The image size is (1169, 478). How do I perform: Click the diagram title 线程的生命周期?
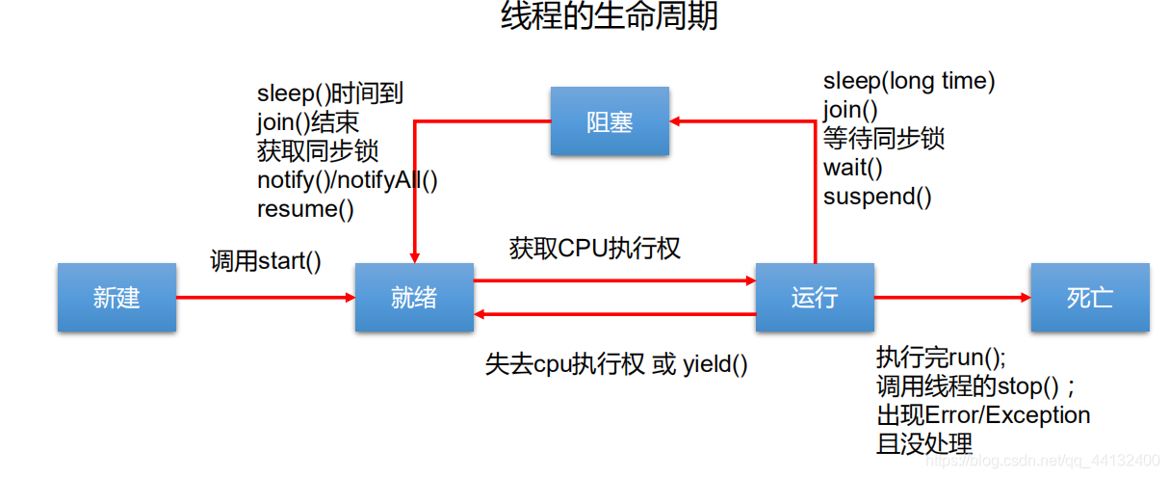click(x=609, y=17)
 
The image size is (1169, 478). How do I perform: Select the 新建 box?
click(x=117, y=298)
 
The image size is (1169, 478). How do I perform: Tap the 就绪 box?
click(x=414, y=298)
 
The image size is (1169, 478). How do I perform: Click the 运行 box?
click(x=815, y=298)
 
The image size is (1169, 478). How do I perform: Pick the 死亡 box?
click(x=1090, y=298)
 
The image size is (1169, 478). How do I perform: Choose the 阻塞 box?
click(x=610, y=121)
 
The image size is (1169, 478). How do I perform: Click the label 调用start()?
click(x=266, y=261)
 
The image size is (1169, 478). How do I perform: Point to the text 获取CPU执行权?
click(x=595, y=249)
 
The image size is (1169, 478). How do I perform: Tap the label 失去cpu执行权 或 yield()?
click(x=616, y=365)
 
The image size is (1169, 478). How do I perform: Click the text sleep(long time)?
click(x=909, y=82)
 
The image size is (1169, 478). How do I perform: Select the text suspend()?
click(x=877, y=197)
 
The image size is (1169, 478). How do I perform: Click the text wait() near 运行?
click(x=852, y=168)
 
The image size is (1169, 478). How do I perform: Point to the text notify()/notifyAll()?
click(x=347, y=179)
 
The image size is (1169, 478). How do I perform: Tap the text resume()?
click(x=305, y=208)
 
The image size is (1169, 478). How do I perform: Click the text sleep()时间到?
click(x=329, y=93)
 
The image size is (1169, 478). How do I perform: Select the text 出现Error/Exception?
click(x=983, y=415)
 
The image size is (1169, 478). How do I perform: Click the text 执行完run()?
click(x=941, y=358)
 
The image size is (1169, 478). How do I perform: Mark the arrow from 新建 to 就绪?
click(x=266, y=298)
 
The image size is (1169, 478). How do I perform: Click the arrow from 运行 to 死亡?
click(x=952, y=298)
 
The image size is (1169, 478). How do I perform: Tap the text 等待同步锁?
click(x=883, y=139)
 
